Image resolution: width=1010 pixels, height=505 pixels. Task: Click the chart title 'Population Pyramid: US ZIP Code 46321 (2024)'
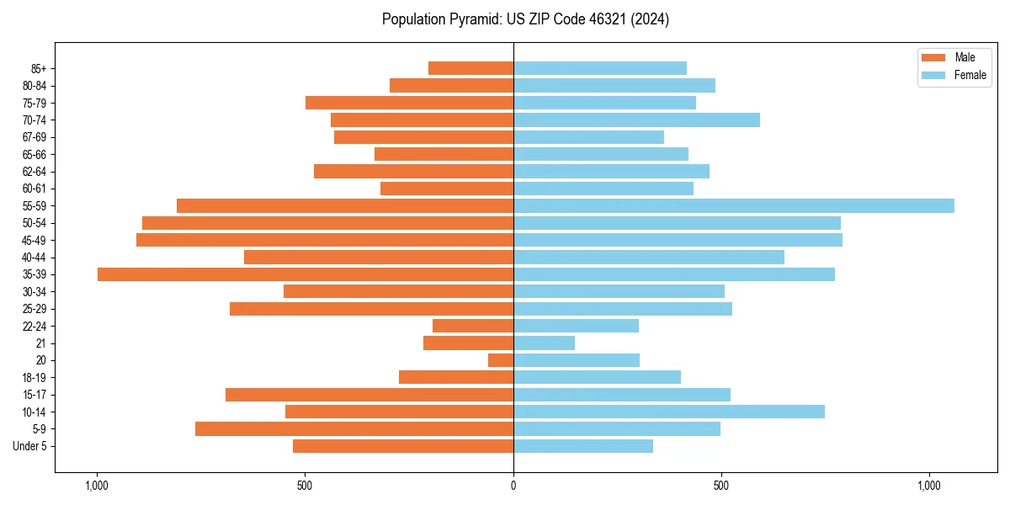click(525, 19)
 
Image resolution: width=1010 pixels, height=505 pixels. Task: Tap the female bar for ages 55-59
click(734, 205)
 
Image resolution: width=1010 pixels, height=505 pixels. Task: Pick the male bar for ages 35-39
click(306, 274)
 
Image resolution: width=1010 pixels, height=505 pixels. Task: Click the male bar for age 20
click(501, 360)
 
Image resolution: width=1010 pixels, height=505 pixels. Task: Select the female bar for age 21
click(545, 343)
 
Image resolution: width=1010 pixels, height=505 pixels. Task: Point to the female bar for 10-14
click(669, 412)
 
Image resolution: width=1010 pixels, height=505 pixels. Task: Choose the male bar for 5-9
click(354, 429)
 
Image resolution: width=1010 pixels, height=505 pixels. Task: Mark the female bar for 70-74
click(636, 120)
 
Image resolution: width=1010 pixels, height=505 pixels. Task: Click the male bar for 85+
click(470, 68)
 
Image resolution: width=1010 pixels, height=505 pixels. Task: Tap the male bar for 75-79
click(409, 103)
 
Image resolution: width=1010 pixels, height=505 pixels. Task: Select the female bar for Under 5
click(583, 446)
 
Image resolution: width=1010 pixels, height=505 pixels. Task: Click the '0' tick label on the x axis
click(513, 486)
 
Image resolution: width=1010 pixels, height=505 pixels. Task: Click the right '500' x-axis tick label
click(721, 486)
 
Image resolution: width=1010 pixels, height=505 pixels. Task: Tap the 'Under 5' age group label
click(29, 446)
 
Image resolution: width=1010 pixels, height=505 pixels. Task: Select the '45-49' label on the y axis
click(35, 240)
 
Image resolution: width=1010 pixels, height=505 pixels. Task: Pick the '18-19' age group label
click(35, 378)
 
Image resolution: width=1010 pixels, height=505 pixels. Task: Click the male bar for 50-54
click(327, 223)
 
